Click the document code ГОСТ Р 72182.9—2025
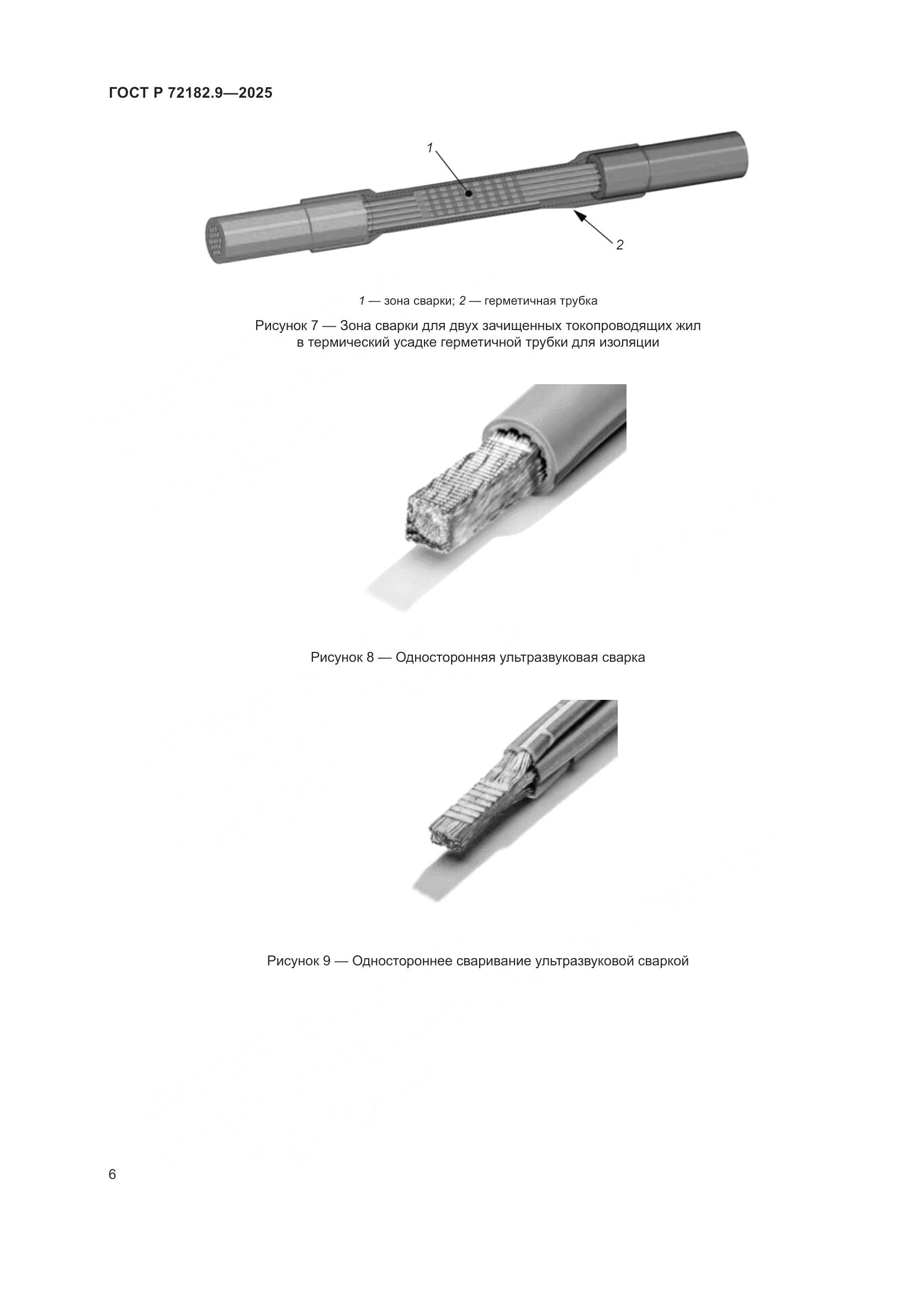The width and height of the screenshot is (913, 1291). click(x=190, y=93)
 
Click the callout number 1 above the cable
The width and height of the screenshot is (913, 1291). click(x=429, y=148)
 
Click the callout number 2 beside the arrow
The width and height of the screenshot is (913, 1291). click(x=619, y=245)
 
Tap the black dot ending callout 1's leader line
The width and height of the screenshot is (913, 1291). click(x=468, y=193)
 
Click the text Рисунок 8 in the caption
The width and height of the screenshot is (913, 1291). click(x=342, y=657)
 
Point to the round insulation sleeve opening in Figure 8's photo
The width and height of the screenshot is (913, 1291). click(x=514, y=444)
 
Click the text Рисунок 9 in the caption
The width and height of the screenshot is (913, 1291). click(x=299, y=961)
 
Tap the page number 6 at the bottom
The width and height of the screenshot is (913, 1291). click(x=113, y=1175)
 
